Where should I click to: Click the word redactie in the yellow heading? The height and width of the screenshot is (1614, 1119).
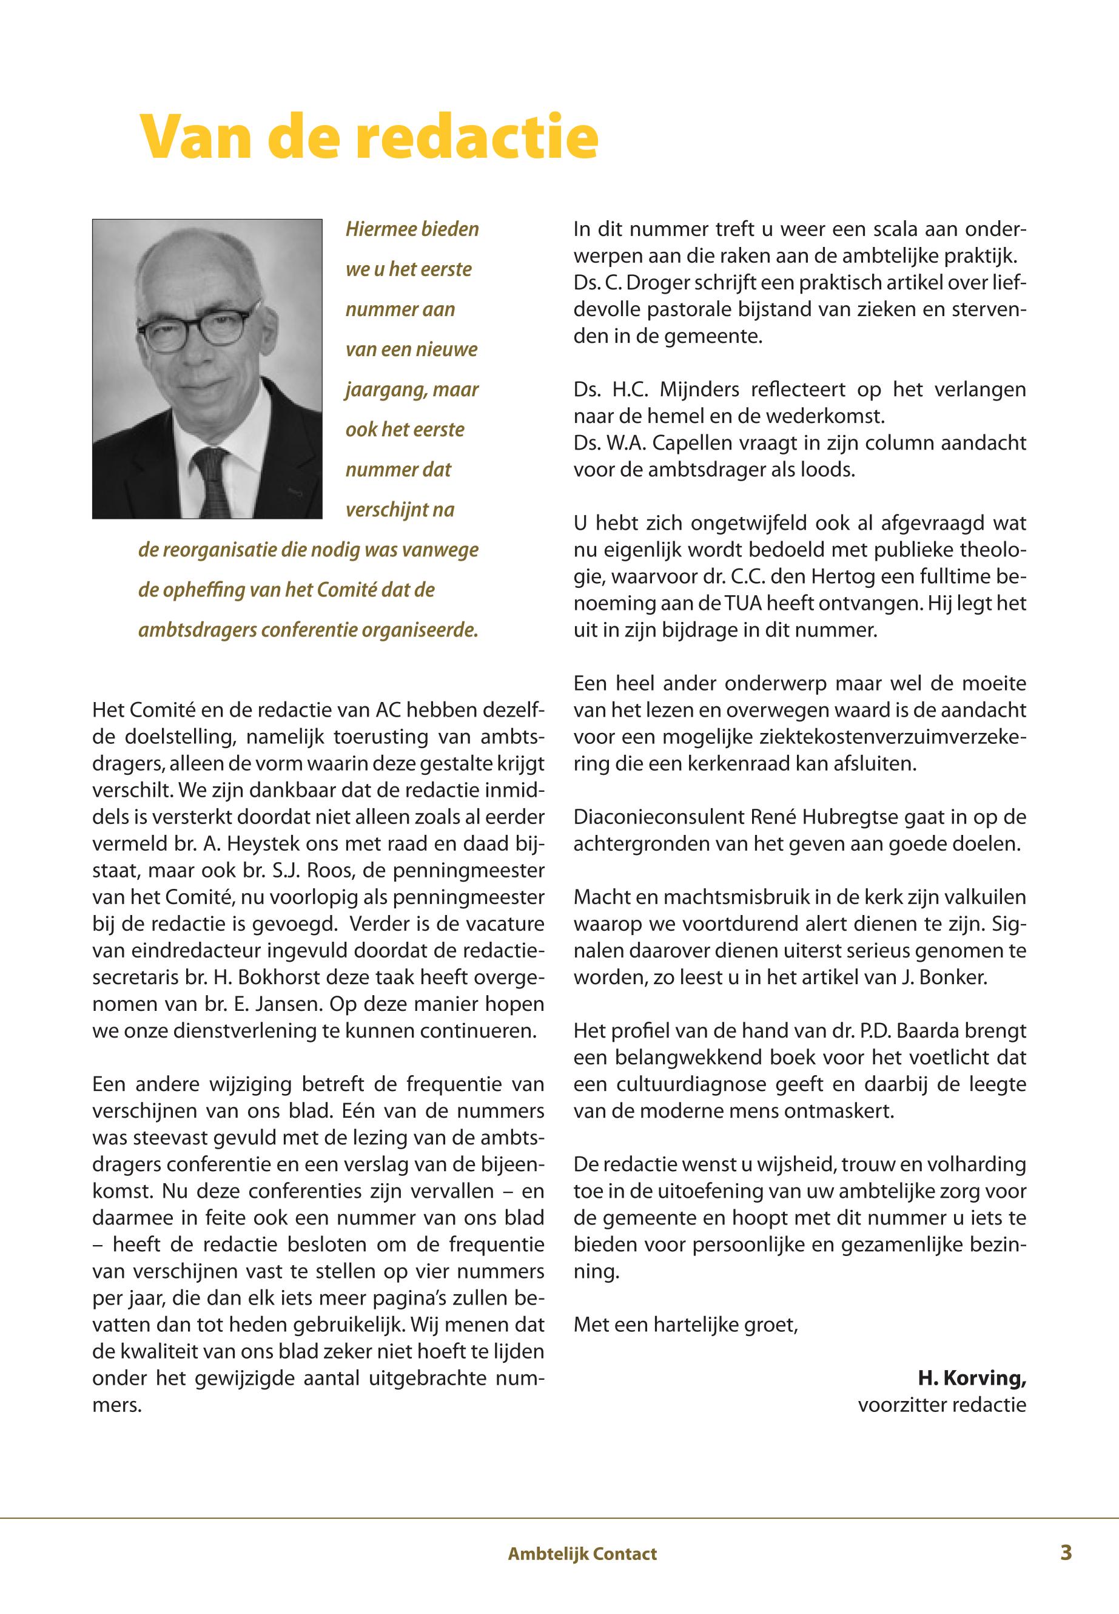(477, 136)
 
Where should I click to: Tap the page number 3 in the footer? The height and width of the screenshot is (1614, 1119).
(1066, 1553)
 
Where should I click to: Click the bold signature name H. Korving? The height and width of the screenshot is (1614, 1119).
(972, 1379)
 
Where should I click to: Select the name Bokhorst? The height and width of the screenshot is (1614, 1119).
(244, 977)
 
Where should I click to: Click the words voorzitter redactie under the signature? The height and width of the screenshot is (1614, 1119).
(942, 1405)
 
